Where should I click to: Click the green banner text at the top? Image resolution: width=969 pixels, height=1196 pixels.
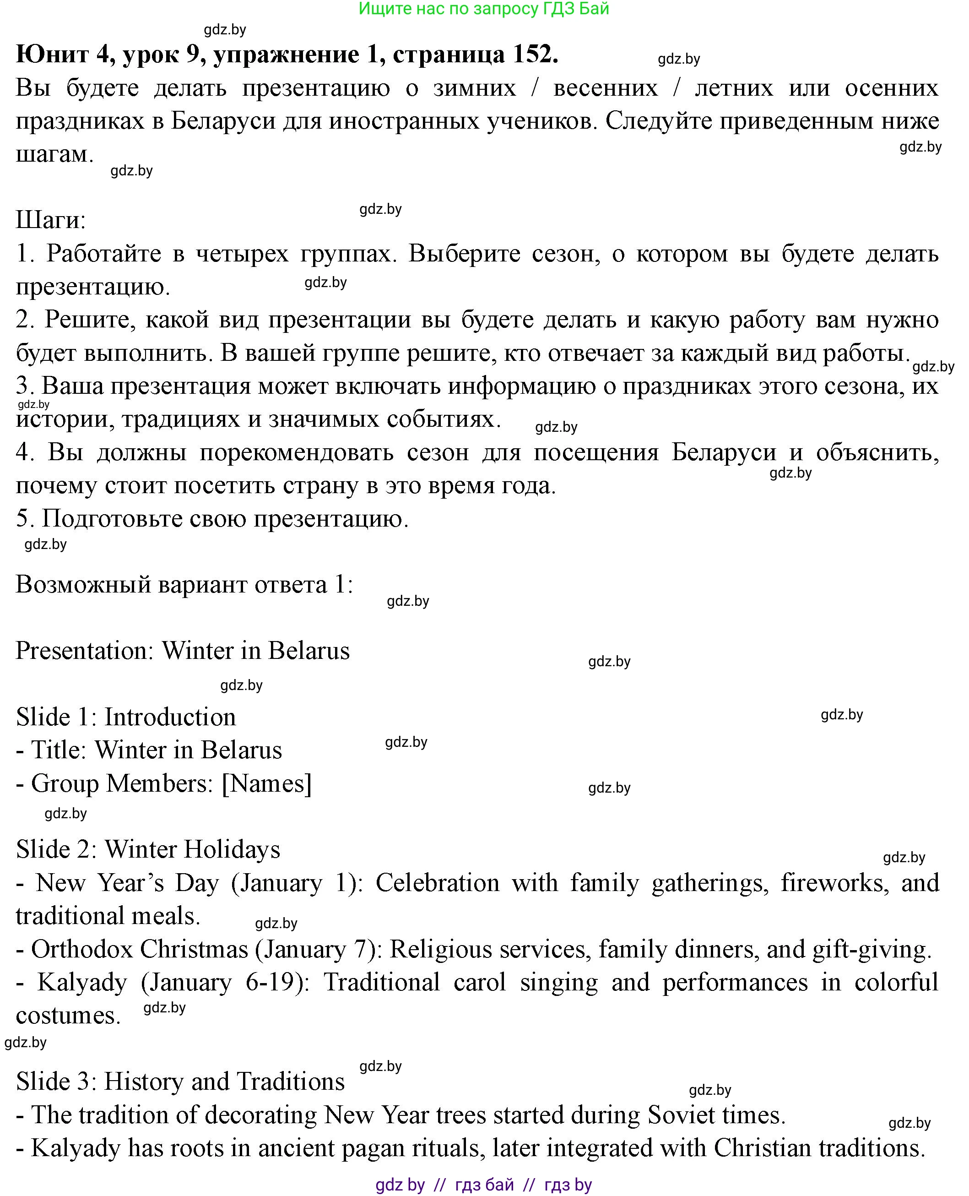[483, 9]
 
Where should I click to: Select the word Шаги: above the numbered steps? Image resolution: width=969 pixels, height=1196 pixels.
[51, 220]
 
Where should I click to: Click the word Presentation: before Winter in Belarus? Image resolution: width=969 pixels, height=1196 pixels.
[84, 651]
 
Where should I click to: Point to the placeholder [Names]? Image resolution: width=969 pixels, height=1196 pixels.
[266, 784]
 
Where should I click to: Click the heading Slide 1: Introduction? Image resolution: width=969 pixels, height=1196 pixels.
[125, 718]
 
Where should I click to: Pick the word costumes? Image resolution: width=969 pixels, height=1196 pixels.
[68, 1016]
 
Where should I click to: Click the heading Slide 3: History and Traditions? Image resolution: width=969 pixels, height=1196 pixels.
[180, 1082]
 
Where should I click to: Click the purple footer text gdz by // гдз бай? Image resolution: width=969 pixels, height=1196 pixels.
[483, 1184]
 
